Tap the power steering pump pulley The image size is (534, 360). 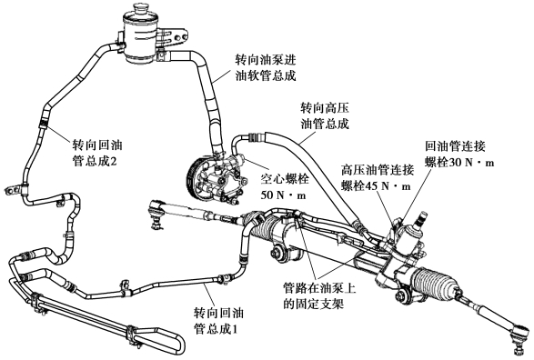coord(196,179)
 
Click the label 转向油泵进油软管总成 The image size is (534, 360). coord(266,68)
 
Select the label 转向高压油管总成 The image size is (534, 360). coord(325,116)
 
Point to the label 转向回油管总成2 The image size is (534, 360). coord(97,153)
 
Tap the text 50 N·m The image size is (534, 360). coord(284,195)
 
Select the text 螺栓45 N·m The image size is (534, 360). coord(376,185)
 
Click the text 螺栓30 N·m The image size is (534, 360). coord(459,163)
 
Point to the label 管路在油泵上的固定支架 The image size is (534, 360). coord(319,296)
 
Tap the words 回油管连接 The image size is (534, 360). coord(455,146)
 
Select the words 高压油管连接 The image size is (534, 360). coord(378,169)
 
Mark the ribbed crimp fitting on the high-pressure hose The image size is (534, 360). coord(255,138)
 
